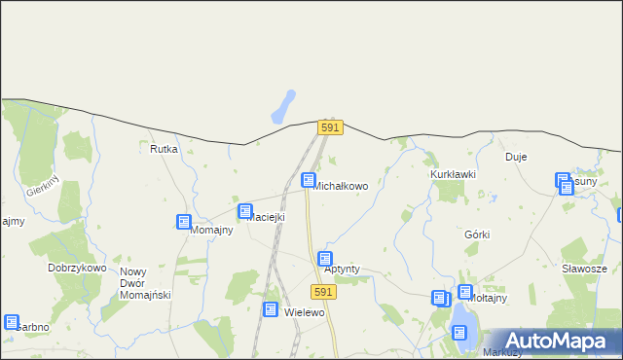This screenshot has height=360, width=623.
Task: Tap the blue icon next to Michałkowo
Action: click(309, 180)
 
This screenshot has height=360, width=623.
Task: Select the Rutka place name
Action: click(164, 149)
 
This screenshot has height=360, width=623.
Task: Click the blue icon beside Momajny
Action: click(184, 222)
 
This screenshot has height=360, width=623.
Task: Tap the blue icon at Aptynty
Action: click(325, 258)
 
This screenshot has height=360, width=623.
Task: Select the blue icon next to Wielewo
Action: click(271, 309)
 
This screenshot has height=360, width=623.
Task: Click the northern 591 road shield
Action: click(330, 127)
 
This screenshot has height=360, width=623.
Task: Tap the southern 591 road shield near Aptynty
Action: click(324, 292)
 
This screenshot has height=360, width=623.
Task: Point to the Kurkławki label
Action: click(453, 174)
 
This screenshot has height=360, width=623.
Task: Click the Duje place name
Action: click(515, 157)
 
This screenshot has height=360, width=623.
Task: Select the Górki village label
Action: click(477, 234)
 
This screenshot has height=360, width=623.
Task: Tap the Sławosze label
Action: click(584, 269)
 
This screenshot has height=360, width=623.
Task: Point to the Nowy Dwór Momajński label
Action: click(145, 283)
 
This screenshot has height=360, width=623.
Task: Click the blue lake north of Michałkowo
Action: click(283, 106)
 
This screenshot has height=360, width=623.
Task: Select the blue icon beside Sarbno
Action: click(11, 322)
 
